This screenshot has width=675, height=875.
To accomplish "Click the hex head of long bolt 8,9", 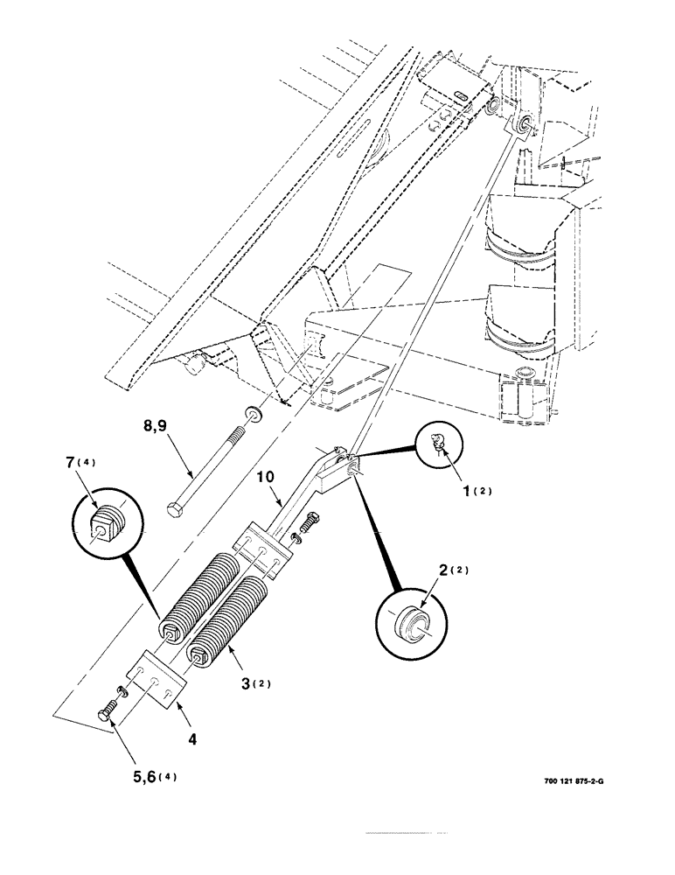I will tap(174, 508).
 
